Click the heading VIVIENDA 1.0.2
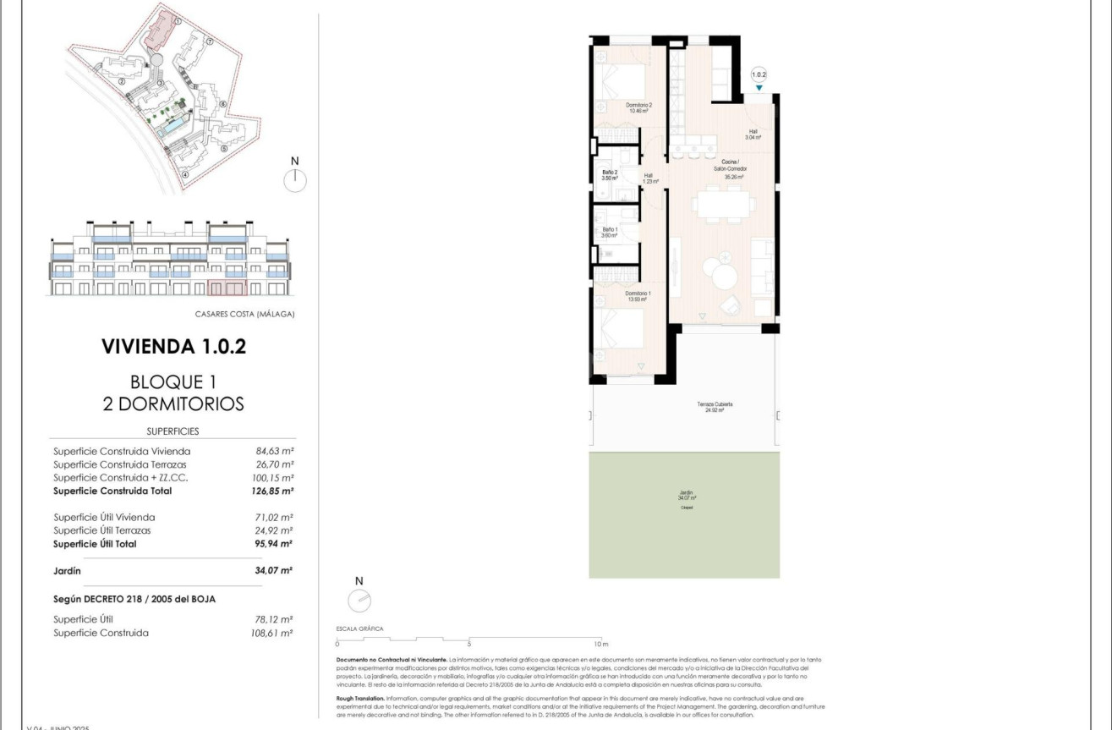click(x=173, y=346)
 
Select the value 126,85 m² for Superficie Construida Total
click(x=274, y=491)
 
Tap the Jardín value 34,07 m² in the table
click(x=274, y=571)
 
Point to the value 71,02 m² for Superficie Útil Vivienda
click(x=274, y=517)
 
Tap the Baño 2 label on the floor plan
click(x=610, y=175)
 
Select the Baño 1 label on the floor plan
click(x=610, y=233)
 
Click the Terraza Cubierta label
click(x=715, y=408)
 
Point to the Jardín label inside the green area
click(x=686, y=496)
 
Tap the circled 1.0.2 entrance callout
click(x=759, y=74)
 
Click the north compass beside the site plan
click(x=295, y=179)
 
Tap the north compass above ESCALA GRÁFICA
click(x=359, y=600)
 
